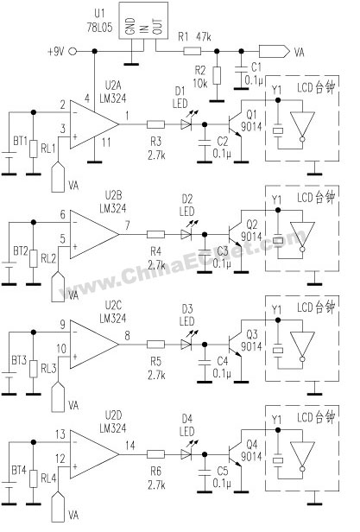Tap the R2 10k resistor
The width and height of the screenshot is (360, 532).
217,76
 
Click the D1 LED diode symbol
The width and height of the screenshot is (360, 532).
186,123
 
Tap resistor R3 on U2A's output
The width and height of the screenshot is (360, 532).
156,123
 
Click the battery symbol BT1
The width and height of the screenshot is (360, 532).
9,155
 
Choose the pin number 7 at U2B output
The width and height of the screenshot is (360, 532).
127,226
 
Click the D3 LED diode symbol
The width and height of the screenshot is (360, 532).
186,345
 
